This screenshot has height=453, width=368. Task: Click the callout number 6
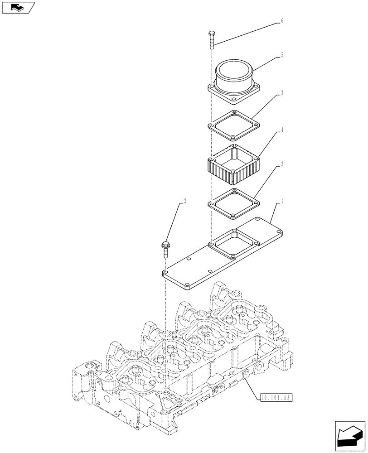[282, 21]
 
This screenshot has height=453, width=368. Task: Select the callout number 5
[282, 55]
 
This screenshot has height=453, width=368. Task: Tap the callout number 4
[282, 130]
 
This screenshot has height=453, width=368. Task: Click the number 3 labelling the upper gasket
[282, 93]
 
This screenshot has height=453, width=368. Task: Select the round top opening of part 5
[235, 70]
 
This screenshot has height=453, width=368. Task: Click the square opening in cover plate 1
[234, 243]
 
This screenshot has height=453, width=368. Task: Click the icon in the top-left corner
[18, 7]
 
